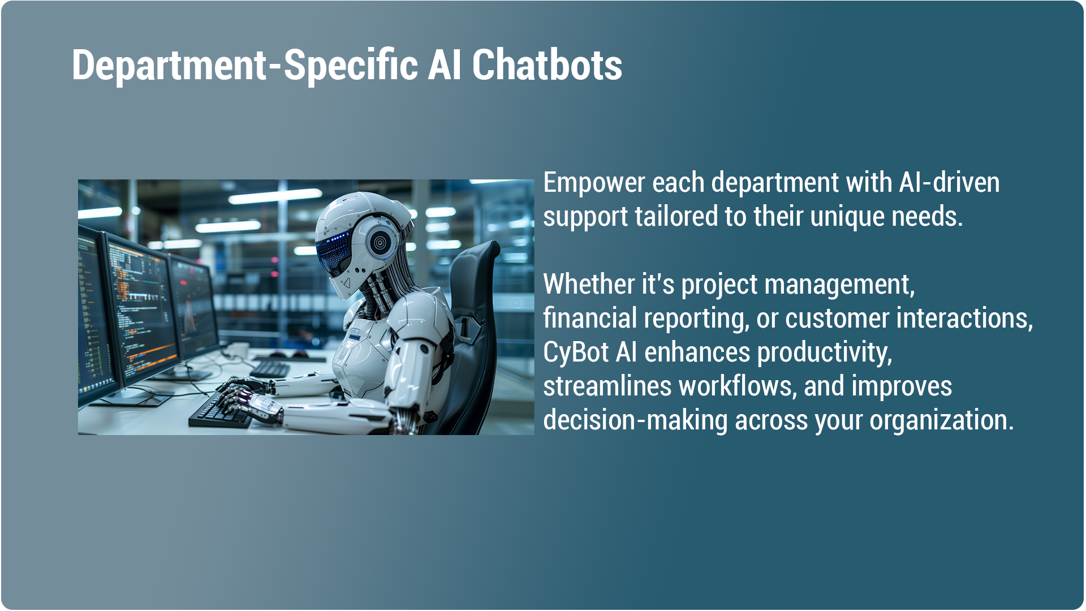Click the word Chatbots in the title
547,64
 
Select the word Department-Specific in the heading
245,66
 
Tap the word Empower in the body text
594,183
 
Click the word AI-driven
949,182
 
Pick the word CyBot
576,353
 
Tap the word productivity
825,353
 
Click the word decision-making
635,421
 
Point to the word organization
942,421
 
